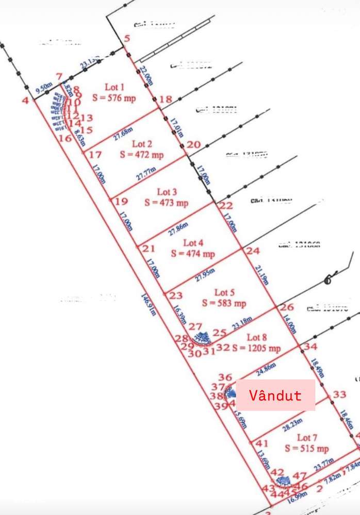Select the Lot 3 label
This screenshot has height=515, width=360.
[166, 193]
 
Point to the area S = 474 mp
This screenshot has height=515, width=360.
[193, 254]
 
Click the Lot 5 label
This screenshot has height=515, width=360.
[224, 293]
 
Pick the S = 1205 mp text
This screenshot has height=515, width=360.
[256, 348]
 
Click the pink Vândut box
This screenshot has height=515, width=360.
[275, 395]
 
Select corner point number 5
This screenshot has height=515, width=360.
[127, 39]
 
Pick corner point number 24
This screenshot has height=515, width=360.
[253, 251]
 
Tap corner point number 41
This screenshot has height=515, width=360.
[262, 443]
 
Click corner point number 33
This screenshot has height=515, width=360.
[339, 394]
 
